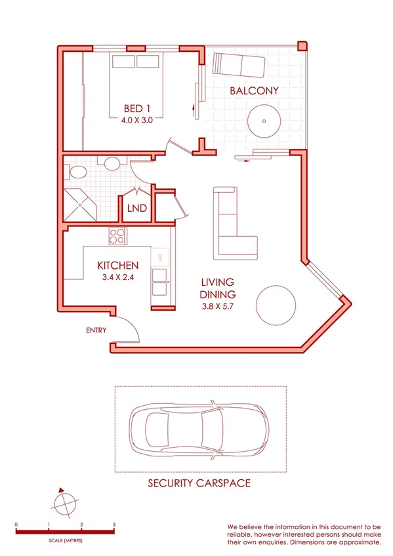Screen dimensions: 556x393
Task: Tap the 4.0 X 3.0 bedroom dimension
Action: tap(136, 121)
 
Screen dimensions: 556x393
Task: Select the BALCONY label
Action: tap(254, 91)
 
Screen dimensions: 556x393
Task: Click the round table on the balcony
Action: tap(263, 121)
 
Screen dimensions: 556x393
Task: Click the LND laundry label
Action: tap(137, 209)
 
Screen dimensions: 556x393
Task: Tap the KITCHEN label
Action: tap(118, 266)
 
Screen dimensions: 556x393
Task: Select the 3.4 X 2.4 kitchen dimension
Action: tap(118, 277)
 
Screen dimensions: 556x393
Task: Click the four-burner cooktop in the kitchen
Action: tap(117, 235)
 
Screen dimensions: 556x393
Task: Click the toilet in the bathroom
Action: tap(78, 172)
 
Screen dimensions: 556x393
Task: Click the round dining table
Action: tap(276, 305)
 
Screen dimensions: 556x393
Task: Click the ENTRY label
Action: tap(96, 330)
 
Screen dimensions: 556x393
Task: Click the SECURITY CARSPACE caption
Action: tap(199, 485)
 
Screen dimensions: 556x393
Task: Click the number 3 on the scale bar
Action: tap(114, 525)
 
